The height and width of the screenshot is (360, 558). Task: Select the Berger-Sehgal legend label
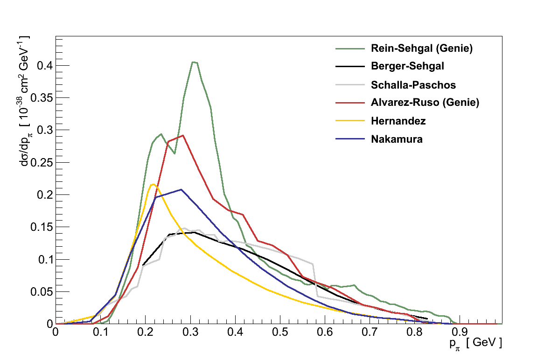click(x=407, y=66)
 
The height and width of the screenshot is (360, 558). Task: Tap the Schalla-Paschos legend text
click(x=413, y=85)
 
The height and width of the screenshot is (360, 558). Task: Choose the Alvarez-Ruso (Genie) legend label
click(x=425, y=103)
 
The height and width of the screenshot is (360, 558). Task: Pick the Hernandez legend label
click(x=398, y=121)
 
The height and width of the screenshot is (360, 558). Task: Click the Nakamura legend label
click(x=397, y=139)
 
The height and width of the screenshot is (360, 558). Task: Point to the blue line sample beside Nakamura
click(x=349, y=139)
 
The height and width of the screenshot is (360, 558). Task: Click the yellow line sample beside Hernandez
click(x=349, y=121)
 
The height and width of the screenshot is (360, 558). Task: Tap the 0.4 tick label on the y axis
click(x=43, y=65)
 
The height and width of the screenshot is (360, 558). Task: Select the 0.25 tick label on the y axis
click(x=41, y=162)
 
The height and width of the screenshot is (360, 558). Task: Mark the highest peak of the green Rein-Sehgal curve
click(x=193, y=62)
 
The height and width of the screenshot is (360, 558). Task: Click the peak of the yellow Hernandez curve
click(x=153, y=184)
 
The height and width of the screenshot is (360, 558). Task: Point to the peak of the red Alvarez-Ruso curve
click(x=183, y=135)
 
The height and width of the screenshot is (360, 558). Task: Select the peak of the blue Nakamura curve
click(x=181, y=189)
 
